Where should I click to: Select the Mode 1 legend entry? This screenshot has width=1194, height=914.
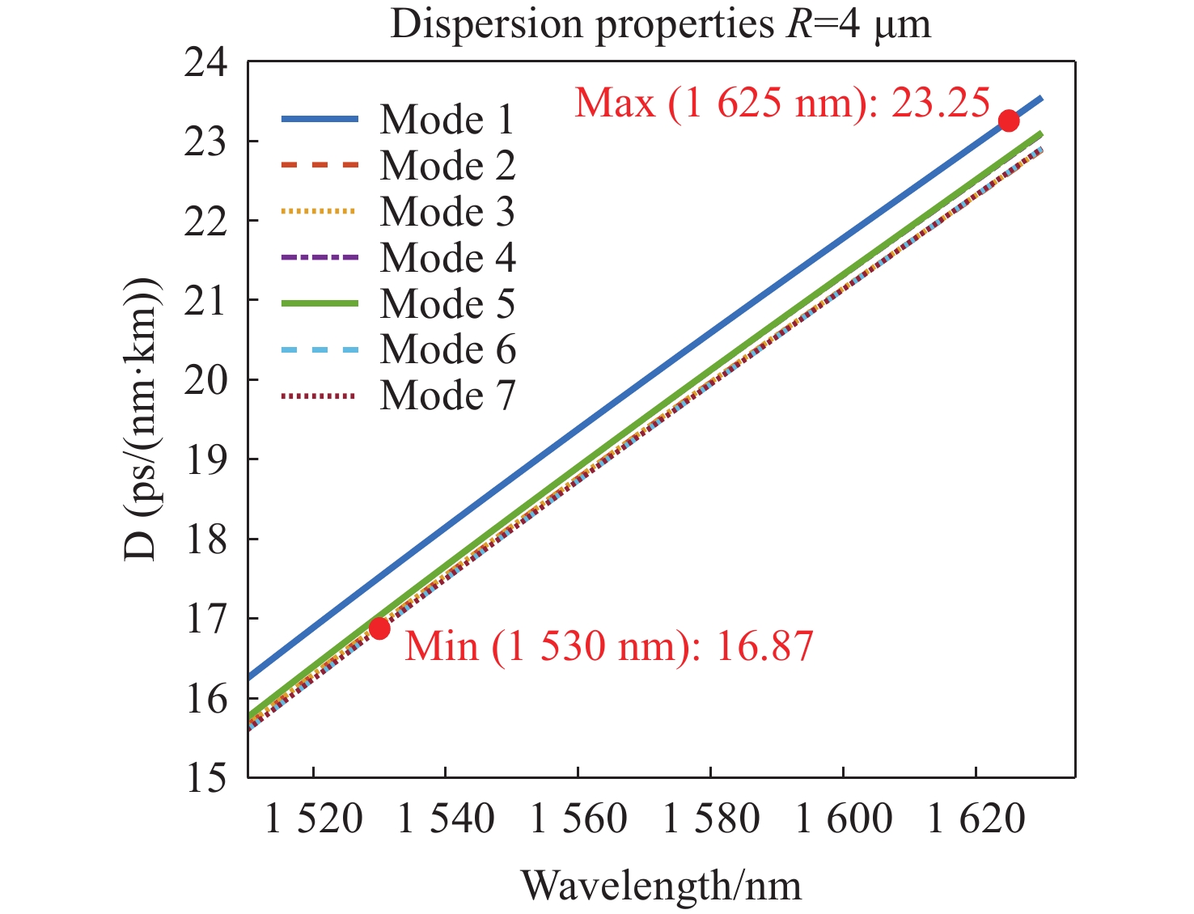pos(447,120)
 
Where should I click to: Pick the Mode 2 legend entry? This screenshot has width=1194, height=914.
pos(447,166)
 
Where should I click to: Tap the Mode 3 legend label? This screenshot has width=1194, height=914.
pos(447,212)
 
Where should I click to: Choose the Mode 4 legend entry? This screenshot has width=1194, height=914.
pos(447,258)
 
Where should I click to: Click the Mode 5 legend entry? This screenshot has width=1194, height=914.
pos(447,304)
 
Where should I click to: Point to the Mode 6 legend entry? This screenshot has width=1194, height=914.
pos(447,350)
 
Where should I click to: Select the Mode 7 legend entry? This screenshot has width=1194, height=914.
pos(447,396)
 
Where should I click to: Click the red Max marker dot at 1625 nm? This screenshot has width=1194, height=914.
pos(1008,121)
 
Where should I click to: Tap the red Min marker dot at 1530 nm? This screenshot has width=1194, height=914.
pos(379,628)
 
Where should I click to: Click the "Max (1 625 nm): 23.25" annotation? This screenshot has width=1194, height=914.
pos(781,104)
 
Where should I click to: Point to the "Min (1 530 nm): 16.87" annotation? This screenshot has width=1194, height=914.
pos(608,646)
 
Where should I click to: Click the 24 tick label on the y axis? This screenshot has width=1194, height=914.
pos(205,63)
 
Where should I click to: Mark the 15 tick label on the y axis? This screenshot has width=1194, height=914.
pos(205,778)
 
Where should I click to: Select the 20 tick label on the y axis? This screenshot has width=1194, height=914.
pos(205,380)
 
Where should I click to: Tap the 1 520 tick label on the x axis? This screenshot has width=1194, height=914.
pos(313,819)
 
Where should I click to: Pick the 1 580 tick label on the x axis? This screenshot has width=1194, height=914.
pos(711,819)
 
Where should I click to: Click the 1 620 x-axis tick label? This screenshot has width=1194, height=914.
pos(976,819)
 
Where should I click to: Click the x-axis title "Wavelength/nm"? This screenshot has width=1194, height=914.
pos(661,885)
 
